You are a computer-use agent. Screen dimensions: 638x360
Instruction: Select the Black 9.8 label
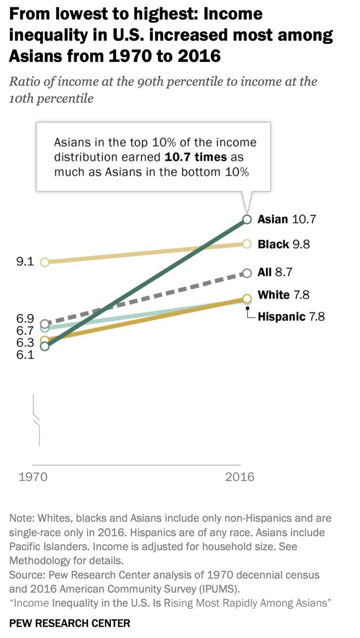click(x=283, y=244)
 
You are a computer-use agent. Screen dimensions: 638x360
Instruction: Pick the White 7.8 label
click(x=283, y=295)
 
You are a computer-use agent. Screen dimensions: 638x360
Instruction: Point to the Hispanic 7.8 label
click(x=291, y=316)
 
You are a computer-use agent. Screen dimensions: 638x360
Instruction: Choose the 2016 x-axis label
click(x=240, y=477)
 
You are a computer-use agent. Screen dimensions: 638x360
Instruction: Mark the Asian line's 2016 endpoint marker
click(x=246, y=219)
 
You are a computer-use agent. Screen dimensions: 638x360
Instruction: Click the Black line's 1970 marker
click(x=45, y=261)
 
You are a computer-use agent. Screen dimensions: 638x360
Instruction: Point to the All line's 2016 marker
click(x=246, y=273)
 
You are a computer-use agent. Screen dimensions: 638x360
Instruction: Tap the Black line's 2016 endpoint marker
click(x=246, y=243)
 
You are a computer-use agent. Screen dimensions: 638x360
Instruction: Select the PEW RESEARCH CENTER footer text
click(x=70, y=623)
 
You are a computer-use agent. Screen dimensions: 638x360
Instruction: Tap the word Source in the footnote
click(x=25, y=575)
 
